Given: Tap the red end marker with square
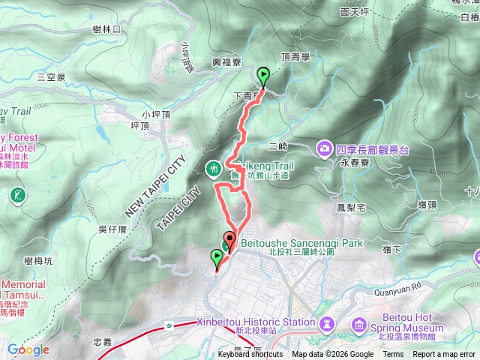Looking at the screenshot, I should coord(229,241).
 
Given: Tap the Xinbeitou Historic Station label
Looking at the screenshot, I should coord(256,322).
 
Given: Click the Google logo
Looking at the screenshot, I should coord(28,349).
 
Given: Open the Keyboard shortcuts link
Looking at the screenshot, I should coord(250,355).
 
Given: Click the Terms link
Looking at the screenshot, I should coord(393,355).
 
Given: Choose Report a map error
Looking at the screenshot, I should coord(444,355).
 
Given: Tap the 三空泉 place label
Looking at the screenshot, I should coord(51,77).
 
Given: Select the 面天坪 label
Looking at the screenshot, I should coord(355,12).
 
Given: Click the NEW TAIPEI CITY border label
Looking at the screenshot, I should coord(153,187).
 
